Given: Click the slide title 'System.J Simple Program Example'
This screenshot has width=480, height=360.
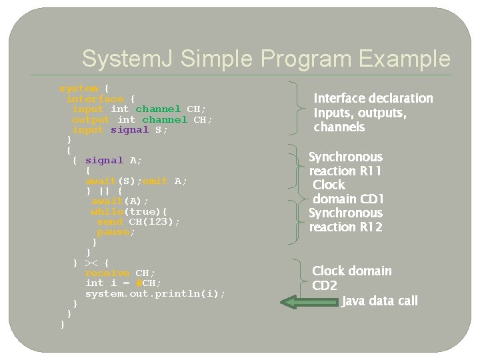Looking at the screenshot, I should [x=265, y=59].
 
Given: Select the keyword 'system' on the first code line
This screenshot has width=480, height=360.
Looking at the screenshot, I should [x=79, y=88].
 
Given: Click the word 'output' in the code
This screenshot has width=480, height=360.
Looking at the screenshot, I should [x=91, y=119].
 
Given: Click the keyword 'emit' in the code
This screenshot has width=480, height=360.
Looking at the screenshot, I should [x=155, y=181].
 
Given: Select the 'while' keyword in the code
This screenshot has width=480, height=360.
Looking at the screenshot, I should [x=107, y=211].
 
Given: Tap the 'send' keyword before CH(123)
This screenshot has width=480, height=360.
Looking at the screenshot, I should [x=110, y=221].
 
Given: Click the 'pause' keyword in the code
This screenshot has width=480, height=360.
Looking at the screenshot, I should [x=113, y=232].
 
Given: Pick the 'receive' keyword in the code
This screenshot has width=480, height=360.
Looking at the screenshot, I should [x=107, y=273].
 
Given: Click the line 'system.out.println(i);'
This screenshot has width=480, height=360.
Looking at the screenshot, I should [x=155, y=293].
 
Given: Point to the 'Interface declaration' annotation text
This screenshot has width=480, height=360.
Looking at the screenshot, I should [x=373, y=99].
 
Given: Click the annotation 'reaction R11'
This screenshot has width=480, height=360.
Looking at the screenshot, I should [x=345, y=171].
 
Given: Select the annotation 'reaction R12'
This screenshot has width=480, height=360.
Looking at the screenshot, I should [x=345, y=227].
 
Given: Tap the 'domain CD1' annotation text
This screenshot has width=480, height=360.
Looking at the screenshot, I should [x=349, y=199].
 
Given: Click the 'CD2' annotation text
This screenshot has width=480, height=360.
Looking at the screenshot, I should [x=325, y=286].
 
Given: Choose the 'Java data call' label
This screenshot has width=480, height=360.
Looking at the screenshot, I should [x=380, y=301].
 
